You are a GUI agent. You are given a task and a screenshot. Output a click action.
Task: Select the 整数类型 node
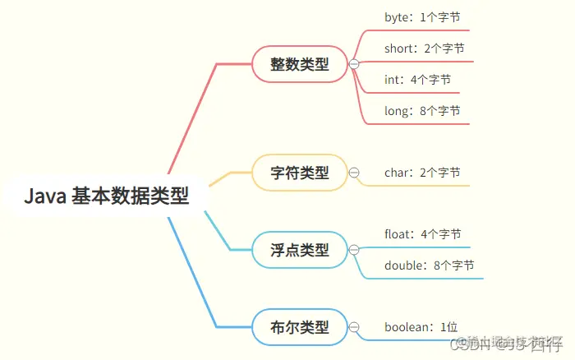tap(300, 64)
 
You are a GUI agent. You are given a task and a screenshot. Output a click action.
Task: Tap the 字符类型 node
tap(300, 173)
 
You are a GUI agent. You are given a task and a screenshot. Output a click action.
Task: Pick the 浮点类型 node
tap(300, 249)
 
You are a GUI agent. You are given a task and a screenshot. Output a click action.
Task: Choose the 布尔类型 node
tap(300, 327)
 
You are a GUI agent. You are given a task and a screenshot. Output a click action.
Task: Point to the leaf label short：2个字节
tap(424, 48)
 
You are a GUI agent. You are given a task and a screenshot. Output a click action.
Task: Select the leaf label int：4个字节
tap(417, 80)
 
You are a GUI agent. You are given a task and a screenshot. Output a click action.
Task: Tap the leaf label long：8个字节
tap(422, 111)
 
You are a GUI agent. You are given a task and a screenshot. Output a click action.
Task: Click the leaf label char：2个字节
tap(422, 173)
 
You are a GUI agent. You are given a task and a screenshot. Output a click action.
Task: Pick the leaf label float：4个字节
tap(422, 234)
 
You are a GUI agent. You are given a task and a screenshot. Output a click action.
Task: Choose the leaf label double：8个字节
tap(429, 265)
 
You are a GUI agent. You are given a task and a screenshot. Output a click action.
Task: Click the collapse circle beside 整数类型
tap(354, 64)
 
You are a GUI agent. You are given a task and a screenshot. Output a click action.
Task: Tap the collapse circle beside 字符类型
tap(354, 173)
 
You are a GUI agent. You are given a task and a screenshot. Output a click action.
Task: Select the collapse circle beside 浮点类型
tap(354, 249)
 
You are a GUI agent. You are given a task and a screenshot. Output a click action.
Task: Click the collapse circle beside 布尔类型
tap(354, 327)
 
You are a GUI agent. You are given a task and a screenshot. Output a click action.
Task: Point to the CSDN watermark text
tap(509, 344)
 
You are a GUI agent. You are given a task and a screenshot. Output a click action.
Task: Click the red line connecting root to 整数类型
tap(193, 115)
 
